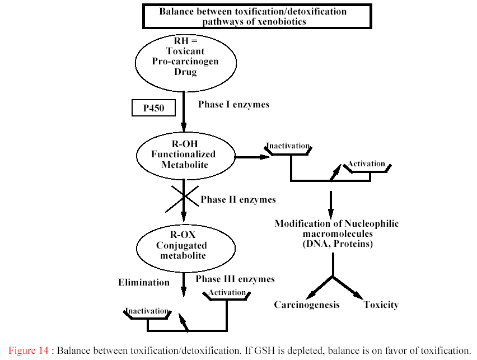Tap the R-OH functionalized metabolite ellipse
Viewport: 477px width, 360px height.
pyautogui.click(x=185, y=155)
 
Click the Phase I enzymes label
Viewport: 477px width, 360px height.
pyautogui.click(x=233, y=105)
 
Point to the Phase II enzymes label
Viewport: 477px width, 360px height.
pyautogui.click(x=238, y=199)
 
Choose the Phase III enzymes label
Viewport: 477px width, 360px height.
pyautogui.click(x=235, y=279)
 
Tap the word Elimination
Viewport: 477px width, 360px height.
pyautogui.click(x=143, y=282)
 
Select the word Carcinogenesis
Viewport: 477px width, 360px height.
pyautogui.click(x=307, y=305)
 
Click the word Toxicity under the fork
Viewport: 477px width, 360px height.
pyautogui.click(x=381, y=305)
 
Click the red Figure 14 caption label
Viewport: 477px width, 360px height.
pyautogui.click(x=29, y=351)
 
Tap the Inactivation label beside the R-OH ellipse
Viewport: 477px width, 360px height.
pyautogui.click(x=288, y=146)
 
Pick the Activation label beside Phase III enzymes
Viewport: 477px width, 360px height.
pyautogui.click(x=227, y=292)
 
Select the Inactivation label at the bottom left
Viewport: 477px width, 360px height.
pyautogui.click(x=147, y=311)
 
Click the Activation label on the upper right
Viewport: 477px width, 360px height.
pyautogui.click(x=366, y=164)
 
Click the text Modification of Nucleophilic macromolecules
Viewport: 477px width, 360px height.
pyautogui.click(x=336, y=228)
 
